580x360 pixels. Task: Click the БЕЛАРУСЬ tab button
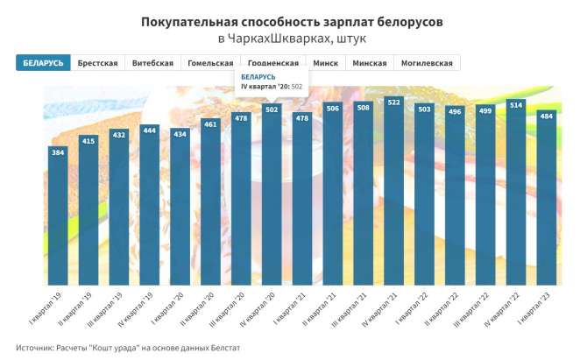[42, 63]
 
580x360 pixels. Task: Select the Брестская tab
[97, 63]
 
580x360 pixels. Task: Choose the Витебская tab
[152, 63]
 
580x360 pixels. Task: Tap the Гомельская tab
[210, 63]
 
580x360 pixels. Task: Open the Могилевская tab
[427, 63]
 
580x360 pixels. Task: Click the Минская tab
[370, 63]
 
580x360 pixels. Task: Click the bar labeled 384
[58, 219]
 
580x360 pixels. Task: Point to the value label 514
[516, 105]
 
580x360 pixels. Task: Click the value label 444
[149, 131]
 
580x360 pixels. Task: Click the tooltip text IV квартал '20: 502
[272, 87]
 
